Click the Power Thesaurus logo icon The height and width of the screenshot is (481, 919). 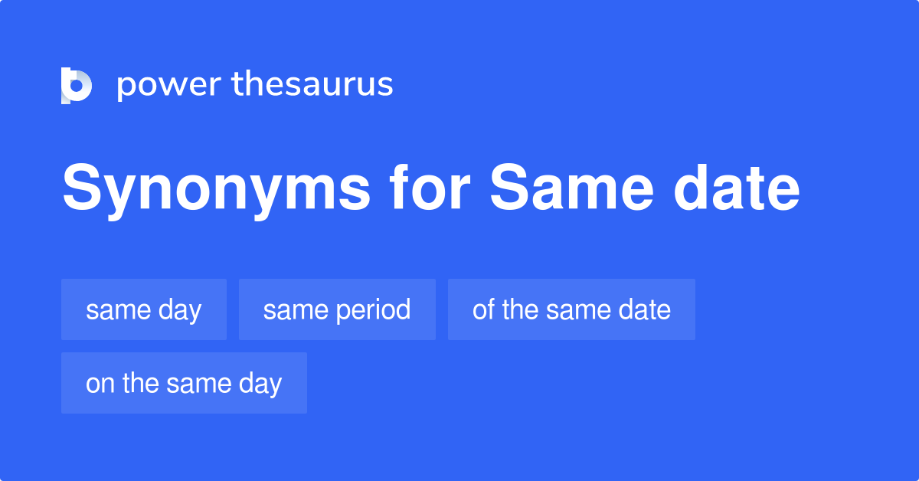click(77, 85)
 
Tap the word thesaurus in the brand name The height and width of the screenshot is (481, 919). click(312, 85)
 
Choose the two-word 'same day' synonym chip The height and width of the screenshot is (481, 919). click(144, 309)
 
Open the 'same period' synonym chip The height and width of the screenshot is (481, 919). click(337, 309)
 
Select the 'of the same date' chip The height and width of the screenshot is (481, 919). click(571, 309)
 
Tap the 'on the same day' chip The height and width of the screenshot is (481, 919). click(184, 383)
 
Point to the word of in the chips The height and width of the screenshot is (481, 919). click(482, 309)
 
